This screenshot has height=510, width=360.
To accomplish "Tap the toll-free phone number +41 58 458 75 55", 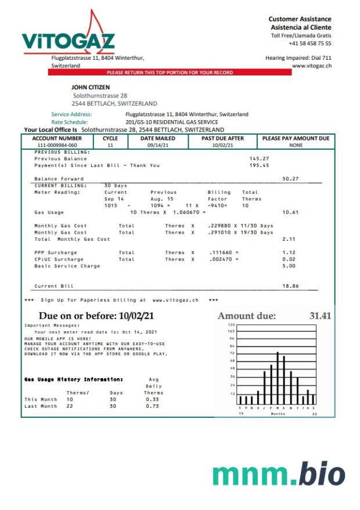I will [x=310, y=44].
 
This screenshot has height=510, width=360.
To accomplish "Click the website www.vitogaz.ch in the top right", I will [x=311, y=66].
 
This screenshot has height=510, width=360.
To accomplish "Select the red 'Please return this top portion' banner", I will [x=170, y=73].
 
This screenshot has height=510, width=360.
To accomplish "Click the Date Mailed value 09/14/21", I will [x=157, y=145].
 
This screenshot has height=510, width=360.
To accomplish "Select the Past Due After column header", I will [x=222, y=139].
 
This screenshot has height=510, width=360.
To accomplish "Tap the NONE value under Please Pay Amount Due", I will [x=296, y=145].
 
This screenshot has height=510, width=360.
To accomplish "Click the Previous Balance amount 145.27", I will [x=259, y=158].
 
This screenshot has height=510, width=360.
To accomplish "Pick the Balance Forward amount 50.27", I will [x=290, y=179].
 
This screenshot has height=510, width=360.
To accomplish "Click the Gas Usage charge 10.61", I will [x=290, y=212].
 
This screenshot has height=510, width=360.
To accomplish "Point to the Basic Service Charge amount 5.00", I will [x=289, y=266].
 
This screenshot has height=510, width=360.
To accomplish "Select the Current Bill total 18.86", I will [x=290, y=286].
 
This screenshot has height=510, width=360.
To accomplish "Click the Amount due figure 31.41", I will [x=320, y=316].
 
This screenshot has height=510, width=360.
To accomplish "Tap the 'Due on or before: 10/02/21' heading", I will [x=96, y=316].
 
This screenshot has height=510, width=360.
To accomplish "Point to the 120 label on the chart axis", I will [x=231, y=325].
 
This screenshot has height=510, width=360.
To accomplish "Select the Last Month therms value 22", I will [x=70, y=406].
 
